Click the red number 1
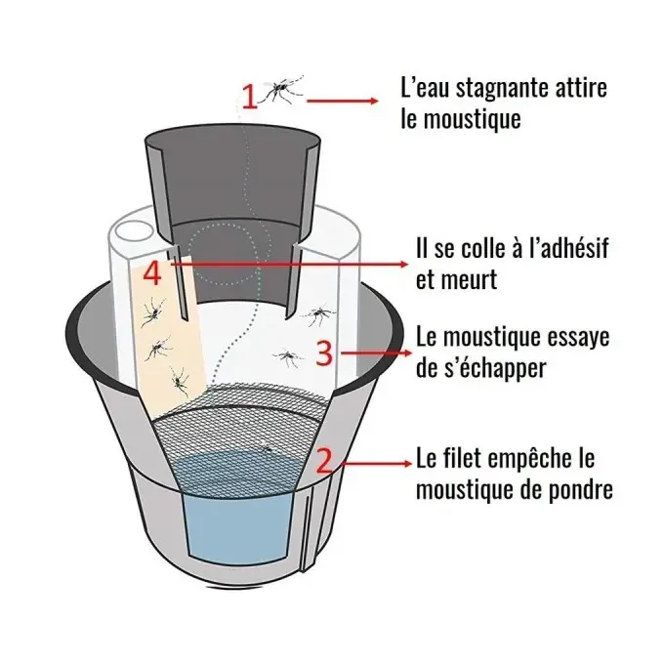pos(249,96)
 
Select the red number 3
pos(328,352)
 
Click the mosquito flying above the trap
pos(282,90)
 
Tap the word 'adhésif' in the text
pos(565,249)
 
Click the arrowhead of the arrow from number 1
pos(371,101)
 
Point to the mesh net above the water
pos(244,420)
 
